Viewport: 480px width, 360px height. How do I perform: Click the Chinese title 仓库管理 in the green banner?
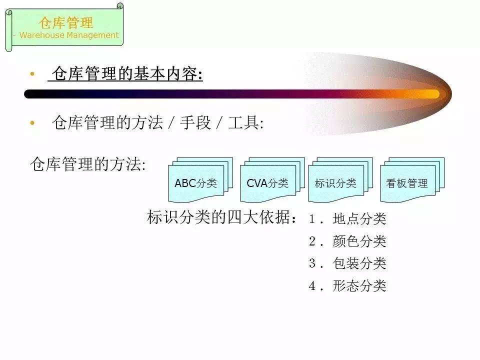(x=66, y=22)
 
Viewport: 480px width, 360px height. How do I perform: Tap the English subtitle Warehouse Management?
(x=69, y=35)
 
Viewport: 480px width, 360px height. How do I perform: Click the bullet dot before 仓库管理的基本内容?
(x=32, y=73)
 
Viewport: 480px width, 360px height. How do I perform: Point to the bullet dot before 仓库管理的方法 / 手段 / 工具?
(x=32, y=123)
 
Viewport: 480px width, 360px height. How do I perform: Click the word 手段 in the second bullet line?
(x=195, y=123)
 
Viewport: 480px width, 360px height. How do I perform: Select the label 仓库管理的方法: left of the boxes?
(x=88, y=164)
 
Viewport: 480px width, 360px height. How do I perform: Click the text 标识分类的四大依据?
(x=219, y=217)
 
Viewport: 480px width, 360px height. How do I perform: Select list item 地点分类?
(x=359, y=219)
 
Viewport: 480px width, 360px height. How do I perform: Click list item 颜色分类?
(x=359, y=241)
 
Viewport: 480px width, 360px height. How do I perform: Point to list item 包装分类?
(x=359, y=263)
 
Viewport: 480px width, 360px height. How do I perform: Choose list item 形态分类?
(x=359, y=286)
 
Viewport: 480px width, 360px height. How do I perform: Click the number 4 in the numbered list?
(x=312, y=286)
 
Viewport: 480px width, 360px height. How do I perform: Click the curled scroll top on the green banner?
(x=120, y=6)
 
